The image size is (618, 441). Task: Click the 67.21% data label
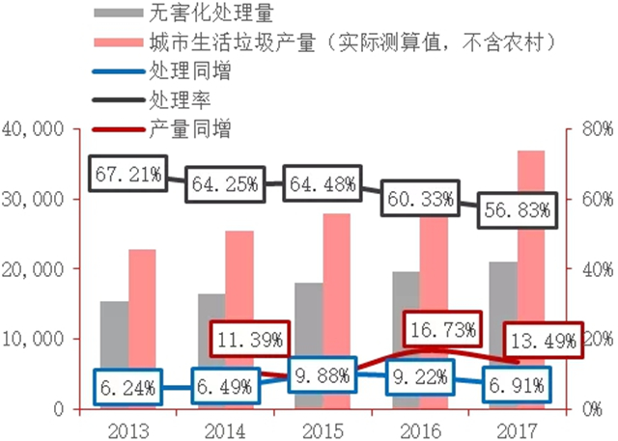127,174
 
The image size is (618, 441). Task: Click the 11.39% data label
250,339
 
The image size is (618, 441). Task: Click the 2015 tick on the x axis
323,425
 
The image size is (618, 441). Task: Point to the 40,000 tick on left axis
34,128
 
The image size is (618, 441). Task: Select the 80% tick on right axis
596,128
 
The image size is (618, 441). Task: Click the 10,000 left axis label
34,339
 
